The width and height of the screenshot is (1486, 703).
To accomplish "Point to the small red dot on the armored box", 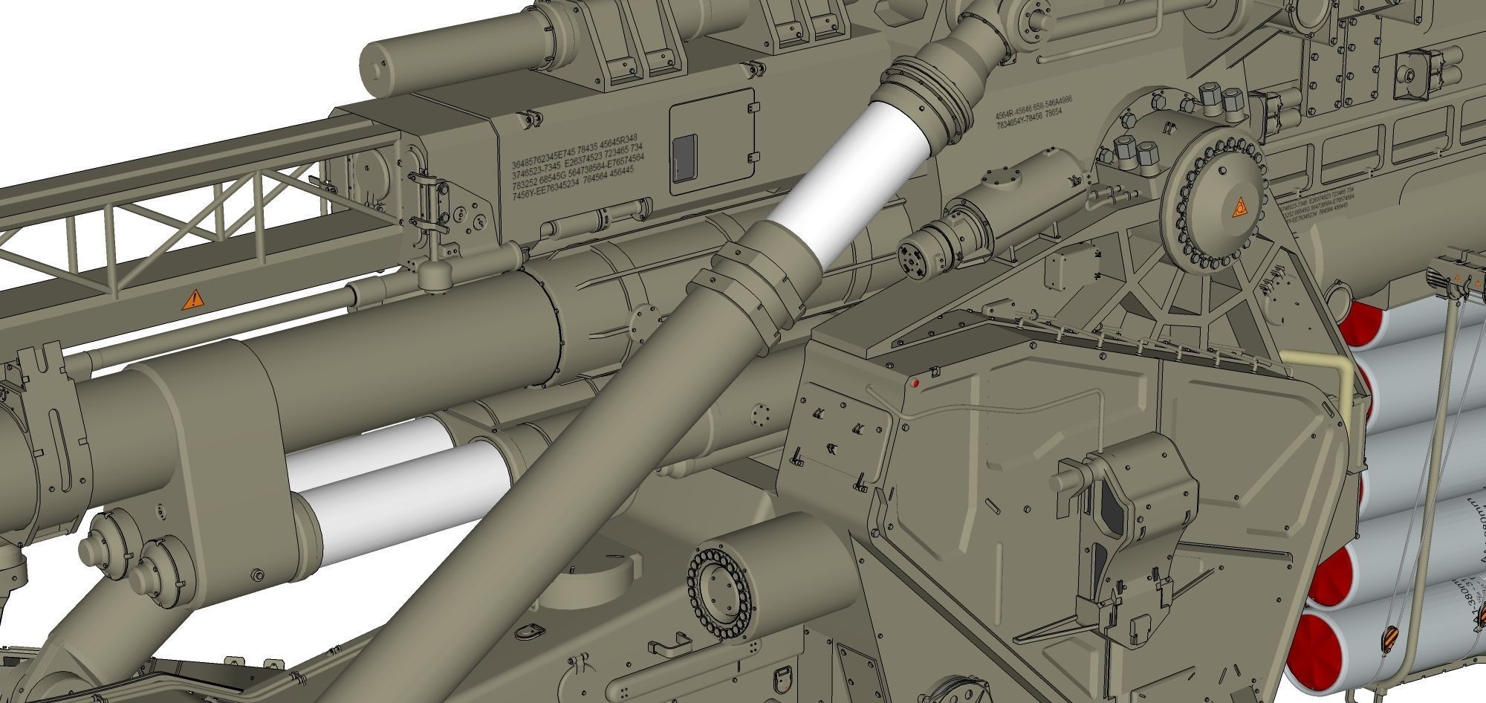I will pos(915,383).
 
